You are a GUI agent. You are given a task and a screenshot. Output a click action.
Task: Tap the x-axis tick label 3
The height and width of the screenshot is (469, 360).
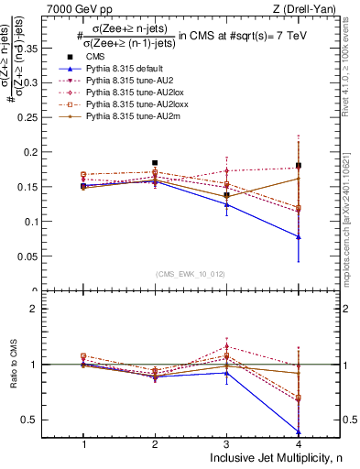tap(226, 442)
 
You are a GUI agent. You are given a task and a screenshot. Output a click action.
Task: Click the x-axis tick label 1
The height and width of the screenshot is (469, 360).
tap(83, 442)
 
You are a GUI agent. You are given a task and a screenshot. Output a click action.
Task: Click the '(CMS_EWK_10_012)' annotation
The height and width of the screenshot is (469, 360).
tap(191, 273)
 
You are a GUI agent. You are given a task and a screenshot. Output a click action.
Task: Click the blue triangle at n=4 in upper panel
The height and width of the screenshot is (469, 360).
tap(298, 237)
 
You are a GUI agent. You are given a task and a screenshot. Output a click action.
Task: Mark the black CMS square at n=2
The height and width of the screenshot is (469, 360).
tap(155, 163)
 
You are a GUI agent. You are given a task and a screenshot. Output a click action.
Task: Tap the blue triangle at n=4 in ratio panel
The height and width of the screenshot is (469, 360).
tap(298, 431)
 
